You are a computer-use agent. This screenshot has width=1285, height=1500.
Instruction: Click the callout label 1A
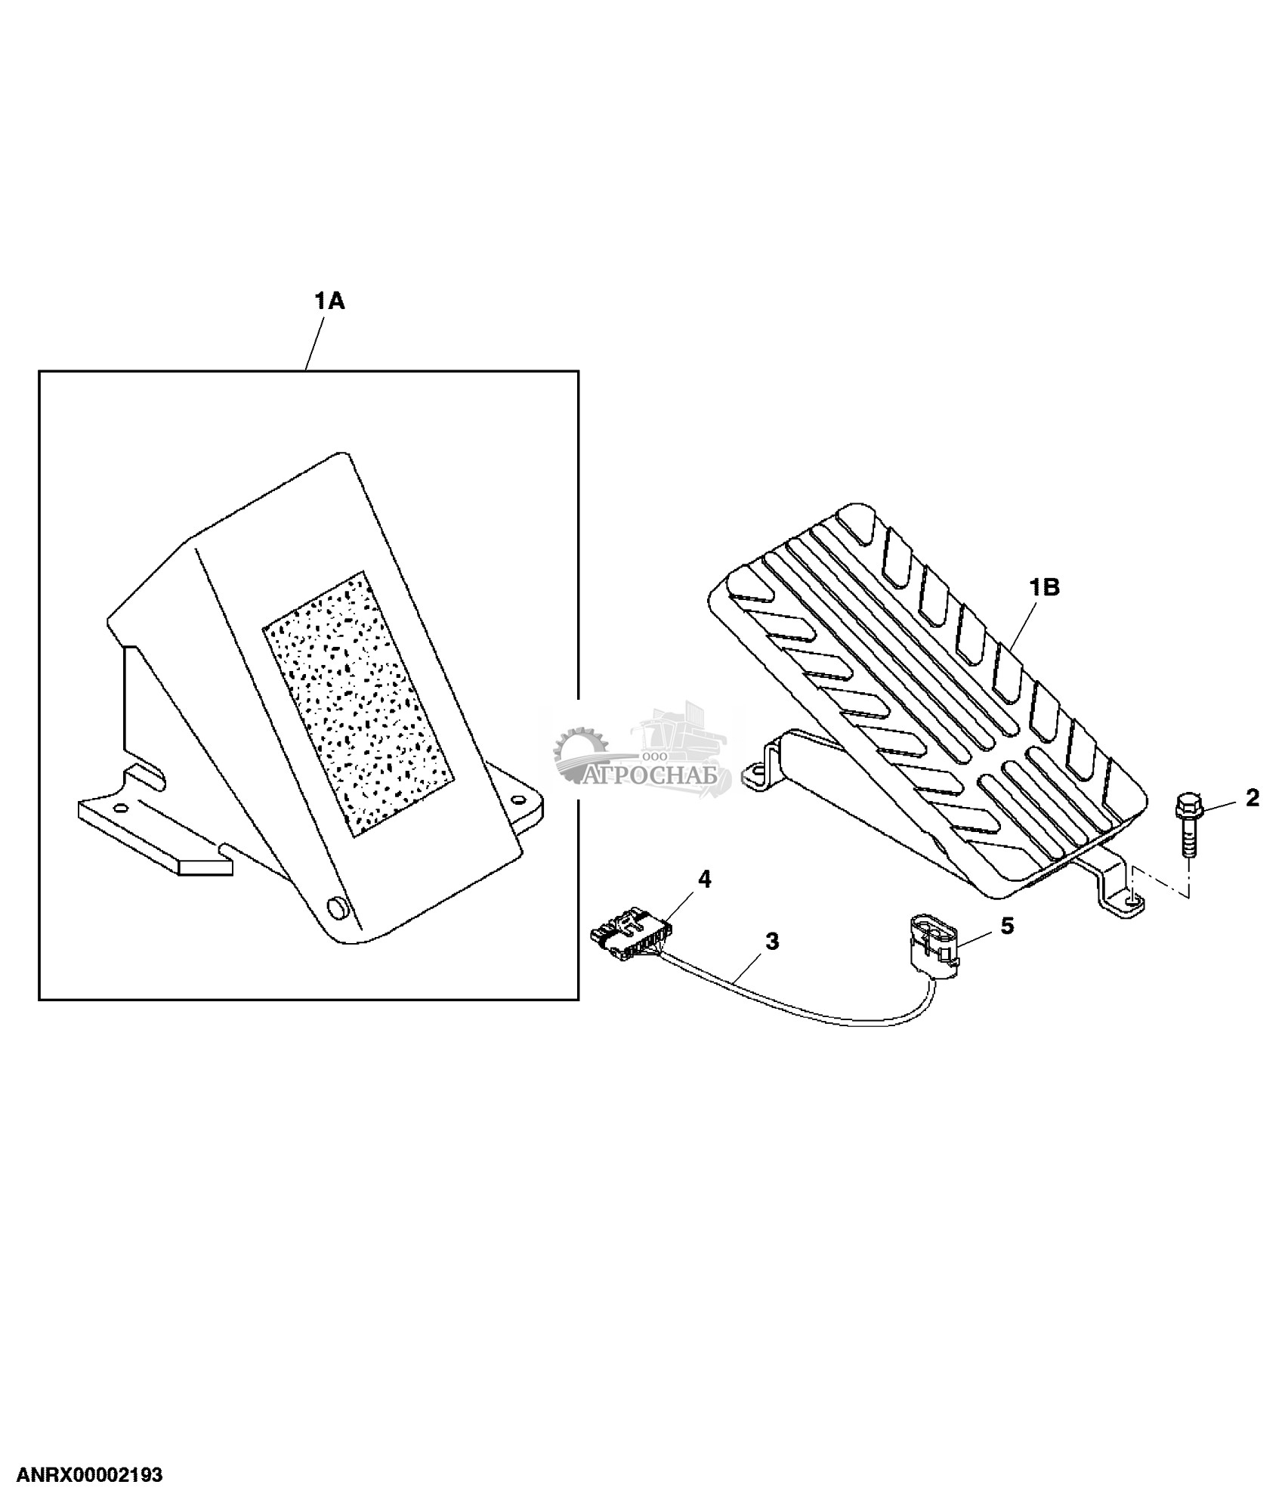coord(329,302)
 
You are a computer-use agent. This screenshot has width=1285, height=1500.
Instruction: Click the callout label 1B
coord(1046,587)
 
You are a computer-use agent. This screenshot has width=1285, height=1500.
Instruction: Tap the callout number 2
coord(1252,797)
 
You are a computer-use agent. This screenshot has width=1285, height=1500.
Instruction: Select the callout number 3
coord(772,942)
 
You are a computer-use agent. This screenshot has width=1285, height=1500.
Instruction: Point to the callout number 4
coord(704,879)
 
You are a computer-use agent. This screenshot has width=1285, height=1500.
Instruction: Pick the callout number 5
coord(1007,926)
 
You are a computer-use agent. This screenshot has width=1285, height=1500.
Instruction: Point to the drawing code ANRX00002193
coord(90,1475)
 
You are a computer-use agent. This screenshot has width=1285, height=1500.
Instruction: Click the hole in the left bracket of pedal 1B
coord(752,772)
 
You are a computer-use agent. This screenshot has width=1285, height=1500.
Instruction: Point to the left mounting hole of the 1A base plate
coord(119,808)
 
